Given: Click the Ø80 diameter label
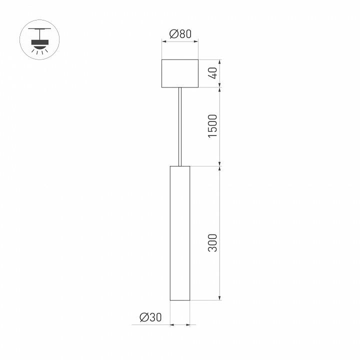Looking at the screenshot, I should (x=180, y=34).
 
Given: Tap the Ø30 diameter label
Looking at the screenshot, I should (x=151, y=317).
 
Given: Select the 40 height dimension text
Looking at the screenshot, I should (x=213, y=73).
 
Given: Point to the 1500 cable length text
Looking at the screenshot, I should (x=213, y=126).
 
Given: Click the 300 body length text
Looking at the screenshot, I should (x=213, y=242).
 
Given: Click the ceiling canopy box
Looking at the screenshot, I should (x=180, y=73).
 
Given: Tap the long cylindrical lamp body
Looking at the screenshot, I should (x=180, y=232).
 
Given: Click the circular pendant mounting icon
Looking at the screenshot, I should (x=39, y=39).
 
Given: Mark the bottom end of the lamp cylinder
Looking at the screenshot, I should (x=180, y=299).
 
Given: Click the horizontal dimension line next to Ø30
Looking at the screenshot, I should (x=180, y=325).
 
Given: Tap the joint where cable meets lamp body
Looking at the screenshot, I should (x=180, y=165).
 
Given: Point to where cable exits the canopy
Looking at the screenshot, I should (x=180, y=88).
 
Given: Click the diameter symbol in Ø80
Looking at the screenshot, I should (x=173, y=34).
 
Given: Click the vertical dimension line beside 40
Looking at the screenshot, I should (x=220, y=73).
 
